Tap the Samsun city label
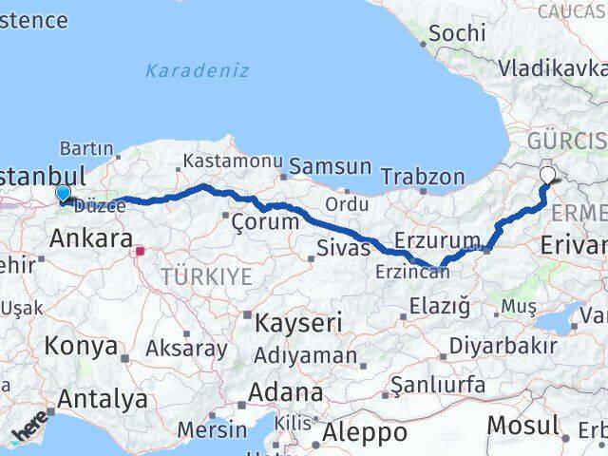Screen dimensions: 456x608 [x=330, y=166]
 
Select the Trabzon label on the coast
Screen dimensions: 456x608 [x=423, y=177]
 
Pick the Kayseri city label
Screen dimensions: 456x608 [x=297, y=323]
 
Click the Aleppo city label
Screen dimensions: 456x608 [x=364, y=433]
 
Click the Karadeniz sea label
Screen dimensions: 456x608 [x=198, y=70]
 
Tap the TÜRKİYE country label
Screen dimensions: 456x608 [x=206, y=276]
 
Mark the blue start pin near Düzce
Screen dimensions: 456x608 [x=63, y=193]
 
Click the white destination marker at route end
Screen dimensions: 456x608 [x=548, y=174]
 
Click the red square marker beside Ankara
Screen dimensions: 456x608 [x=141, y=252]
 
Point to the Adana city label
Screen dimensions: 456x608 [x=286, y=391]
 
